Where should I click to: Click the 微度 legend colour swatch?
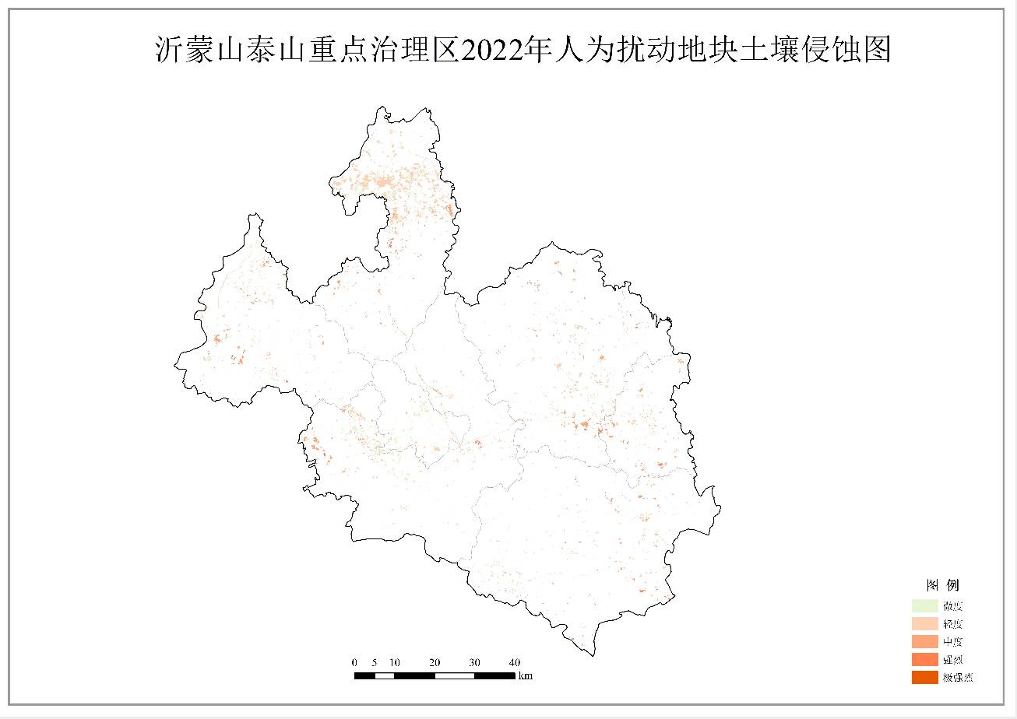coord(924,606)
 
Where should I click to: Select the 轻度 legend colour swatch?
coord(924,624)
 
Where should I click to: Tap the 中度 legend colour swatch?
coord(924,642)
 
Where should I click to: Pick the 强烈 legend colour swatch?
coord(924,660)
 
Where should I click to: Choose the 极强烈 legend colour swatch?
coord(924,677)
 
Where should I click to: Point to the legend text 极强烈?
coord(958,678)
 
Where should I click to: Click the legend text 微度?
coord(953,606)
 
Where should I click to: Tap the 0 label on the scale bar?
coord(355,662)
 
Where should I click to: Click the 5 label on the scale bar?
coord(375,662)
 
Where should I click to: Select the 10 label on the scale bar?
coord(395,662)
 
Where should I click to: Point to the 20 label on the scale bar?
coord(435,662)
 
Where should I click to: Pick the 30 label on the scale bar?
coord(475,662)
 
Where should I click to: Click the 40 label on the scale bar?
coord(515,662)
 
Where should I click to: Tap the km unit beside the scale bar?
coord(526,676)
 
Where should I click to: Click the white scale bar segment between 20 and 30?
coord(455,675)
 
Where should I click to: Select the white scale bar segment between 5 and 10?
coord(385,675)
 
